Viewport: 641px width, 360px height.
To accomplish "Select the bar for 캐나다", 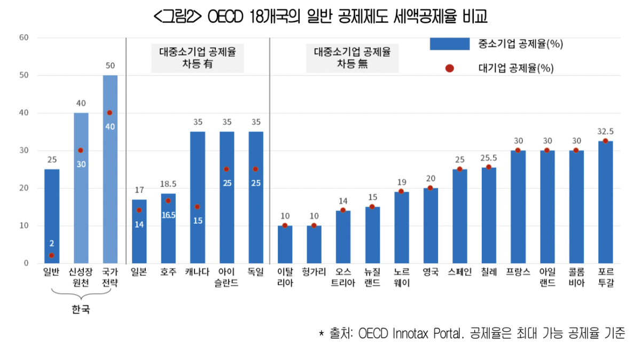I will (x=198, y=198).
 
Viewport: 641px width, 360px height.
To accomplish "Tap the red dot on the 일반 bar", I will (x=51, y=255).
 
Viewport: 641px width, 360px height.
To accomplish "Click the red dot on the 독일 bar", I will (x=255, y=169).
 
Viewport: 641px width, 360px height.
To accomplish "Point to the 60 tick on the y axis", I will (x=24, y=37).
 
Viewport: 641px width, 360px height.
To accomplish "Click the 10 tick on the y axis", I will (x=24, y=225).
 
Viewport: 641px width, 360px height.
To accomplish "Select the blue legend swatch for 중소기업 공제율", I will (x=449, y=43).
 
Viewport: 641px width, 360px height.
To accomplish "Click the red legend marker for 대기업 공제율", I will (x=449, y=68).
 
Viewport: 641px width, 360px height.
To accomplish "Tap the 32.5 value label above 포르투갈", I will (x=605, y=131).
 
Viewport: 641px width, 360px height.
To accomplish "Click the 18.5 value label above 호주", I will (x=168, y=184).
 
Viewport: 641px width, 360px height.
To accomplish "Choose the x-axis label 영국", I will (x=431, y=272).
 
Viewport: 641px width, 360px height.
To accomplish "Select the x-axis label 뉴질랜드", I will (x=372, y=277).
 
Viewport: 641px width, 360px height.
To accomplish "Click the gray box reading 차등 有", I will (x=198, y=58).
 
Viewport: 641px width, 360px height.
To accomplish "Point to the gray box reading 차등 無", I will (x=352, y=58).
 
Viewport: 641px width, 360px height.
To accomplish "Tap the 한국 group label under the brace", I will (x=81, y=309).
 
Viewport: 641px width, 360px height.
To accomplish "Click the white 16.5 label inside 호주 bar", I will (x=168, y=215).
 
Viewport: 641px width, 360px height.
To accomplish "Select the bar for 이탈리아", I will (x=285, y=244).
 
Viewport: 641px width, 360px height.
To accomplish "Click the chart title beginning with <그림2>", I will (x=320, y=17).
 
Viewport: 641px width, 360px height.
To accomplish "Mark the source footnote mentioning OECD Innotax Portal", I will (x=472, y=334).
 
